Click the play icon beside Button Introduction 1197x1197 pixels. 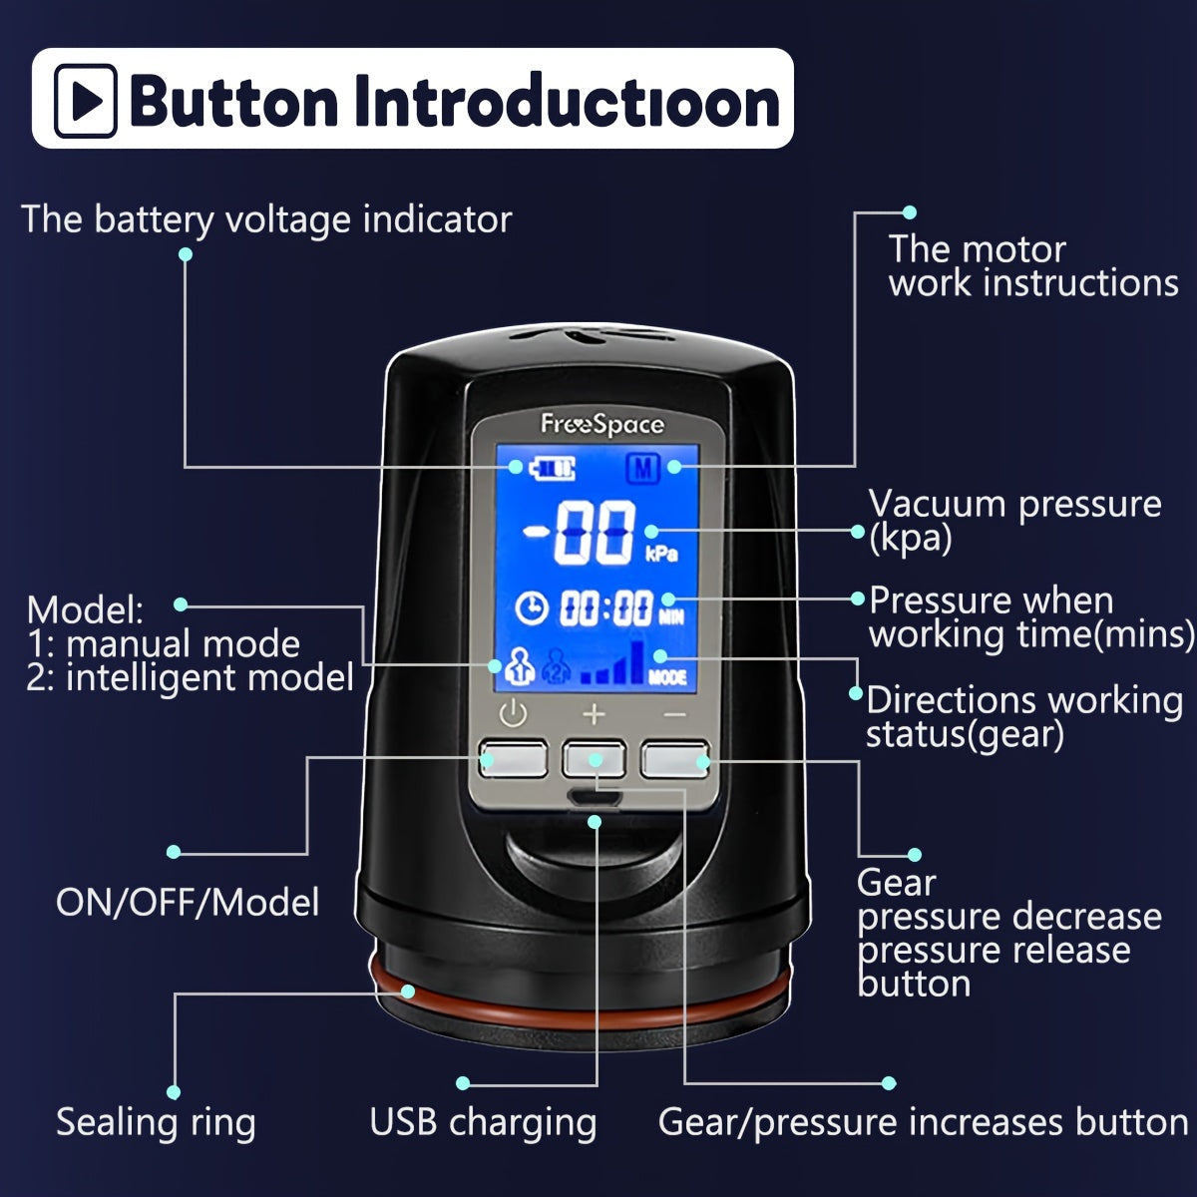point(86,100)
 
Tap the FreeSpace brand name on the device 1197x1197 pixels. point(601,425)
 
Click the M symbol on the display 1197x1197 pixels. point(643,467)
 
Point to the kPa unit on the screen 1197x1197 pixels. point(661,553)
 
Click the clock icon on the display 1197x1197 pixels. point(532,607)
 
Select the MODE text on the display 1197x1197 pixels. point(667,677)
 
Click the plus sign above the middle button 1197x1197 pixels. point(594,714)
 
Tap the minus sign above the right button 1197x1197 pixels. point(675,714)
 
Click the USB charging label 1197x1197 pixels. point(483,1122)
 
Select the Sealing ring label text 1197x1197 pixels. point(156,1122)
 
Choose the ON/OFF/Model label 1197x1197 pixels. point(188,903)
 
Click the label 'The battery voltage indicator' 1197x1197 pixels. point(266,219)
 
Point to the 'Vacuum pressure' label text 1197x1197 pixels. point(1014,505)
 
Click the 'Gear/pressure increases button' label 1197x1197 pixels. point(923,1122)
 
